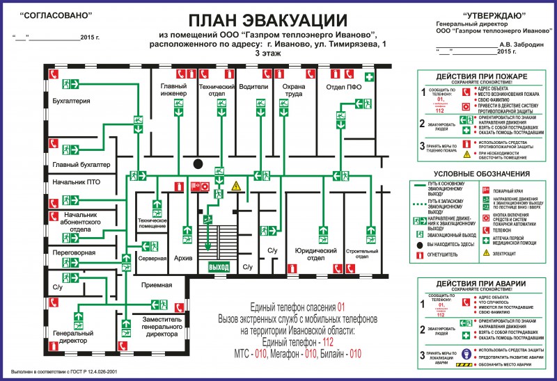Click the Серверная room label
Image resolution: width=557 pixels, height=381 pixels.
click(152, 258)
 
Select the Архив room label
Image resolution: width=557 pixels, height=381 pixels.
click(183, 258)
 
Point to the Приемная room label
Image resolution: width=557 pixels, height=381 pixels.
click(156, 285)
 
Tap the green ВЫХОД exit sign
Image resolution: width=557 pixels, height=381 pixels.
click(219, 266)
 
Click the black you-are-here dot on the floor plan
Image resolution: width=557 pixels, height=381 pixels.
click(198, 164)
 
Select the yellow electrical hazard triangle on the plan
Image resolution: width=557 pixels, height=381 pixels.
click(236, 186)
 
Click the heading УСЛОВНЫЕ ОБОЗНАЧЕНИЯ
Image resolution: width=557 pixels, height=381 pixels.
click(481, 174)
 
